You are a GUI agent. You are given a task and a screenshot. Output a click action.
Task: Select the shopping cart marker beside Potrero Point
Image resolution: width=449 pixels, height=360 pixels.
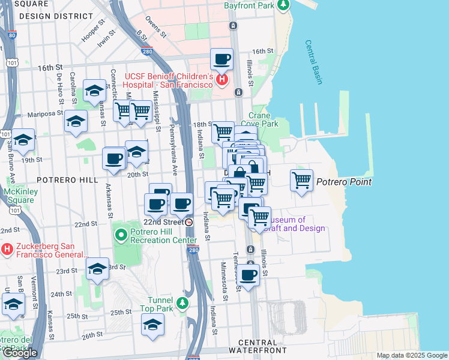click(x=301, y=179)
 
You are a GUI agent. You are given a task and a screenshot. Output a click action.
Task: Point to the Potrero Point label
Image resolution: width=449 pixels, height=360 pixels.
click(x=343, y=182)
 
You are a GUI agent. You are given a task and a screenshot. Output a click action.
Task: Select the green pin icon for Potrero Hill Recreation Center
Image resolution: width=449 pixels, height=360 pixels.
click(x=121, y=234)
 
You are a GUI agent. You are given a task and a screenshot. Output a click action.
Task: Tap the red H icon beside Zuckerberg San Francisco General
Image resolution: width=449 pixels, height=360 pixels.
click(x=7, y=248)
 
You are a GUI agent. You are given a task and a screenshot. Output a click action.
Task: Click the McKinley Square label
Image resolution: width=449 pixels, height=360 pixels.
click(x=18, y=196)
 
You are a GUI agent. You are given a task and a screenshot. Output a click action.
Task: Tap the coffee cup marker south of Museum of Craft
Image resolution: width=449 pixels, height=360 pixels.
click(x=247, y=275)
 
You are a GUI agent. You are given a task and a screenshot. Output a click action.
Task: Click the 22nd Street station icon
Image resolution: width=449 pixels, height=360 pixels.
click(x=189, y=222)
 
